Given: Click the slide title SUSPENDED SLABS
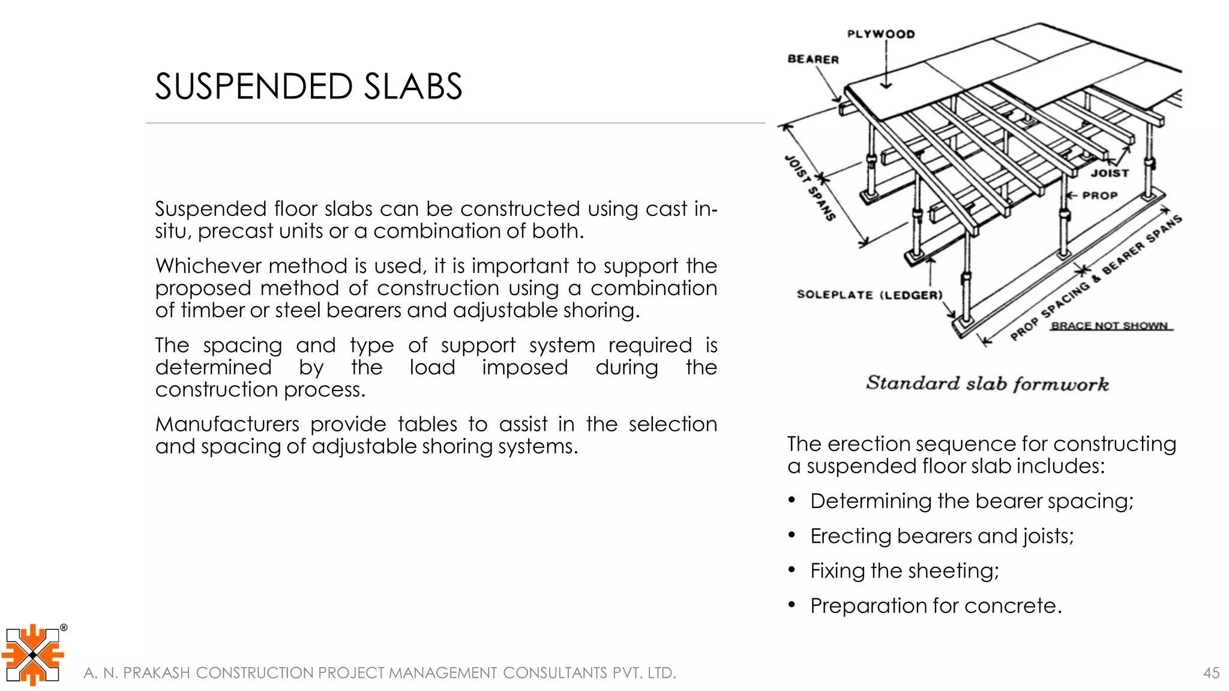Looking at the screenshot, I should [308, 86].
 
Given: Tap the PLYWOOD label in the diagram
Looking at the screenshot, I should [881, 34].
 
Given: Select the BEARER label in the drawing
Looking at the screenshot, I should [813, 59].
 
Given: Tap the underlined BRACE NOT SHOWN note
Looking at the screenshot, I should [1110, 326].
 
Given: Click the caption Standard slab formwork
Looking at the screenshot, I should [987, 383].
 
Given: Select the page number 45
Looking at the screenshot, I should [1211, 673].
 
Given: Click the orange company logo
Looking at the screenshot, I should [33, 654].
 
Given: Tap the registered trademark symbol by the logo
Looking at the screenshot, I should [64, 628].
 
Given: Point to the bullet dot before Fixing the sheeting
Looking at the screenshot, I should [792, 570].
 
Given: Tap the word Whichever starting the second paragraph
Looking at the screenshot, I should [207, 266].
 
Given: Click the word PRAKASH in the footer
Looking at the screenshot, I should [156, 673].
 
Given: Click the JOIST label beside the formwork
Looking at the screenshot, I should [1110, 173].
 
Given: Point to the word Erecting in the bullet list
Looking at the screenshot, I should [850, 536].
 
